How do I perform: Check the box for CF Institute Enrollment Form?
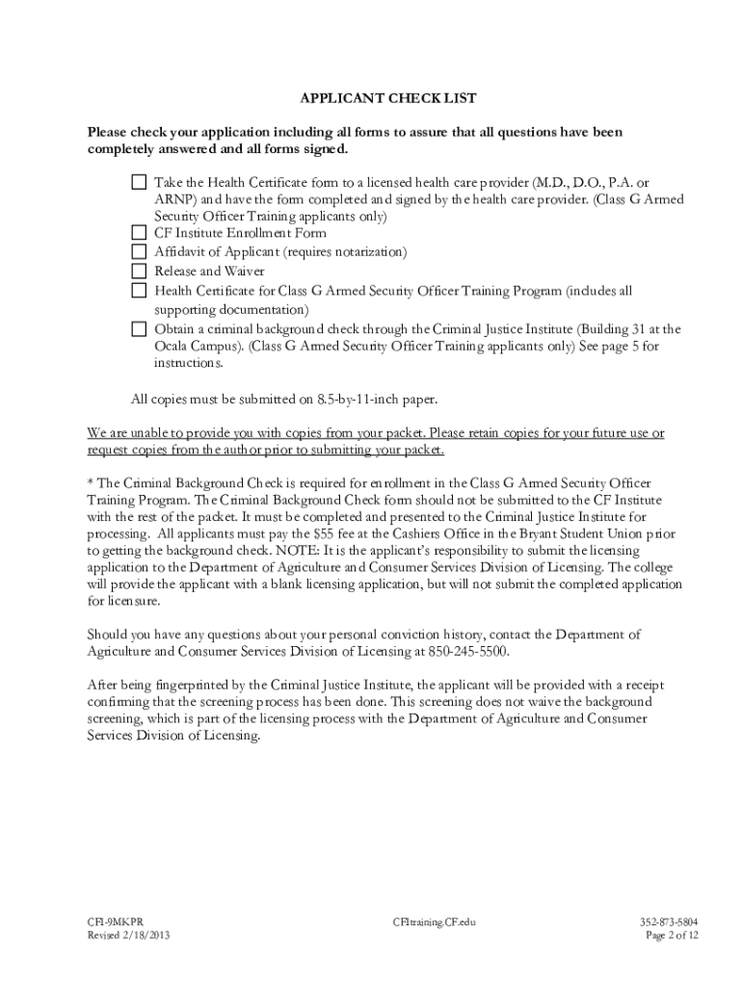(x=140, y=233)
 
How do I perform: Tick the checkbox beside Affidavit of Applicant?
(x=140, y=252)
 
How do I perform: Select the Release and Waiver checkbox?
(x=140, y=272)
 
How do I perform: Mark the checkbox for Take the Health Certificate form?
(x=140, y=182)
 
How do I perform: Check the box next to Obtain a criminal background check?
(x=140, y=328)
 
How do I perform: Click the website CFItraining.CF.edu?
(x=435, y=921)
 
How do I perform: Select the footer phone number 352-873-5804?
(x=669, y=921)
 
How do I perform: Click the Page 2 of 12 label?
(x=672, y=935)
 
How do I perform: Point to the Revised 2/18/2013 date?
(x=130, y=935)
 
